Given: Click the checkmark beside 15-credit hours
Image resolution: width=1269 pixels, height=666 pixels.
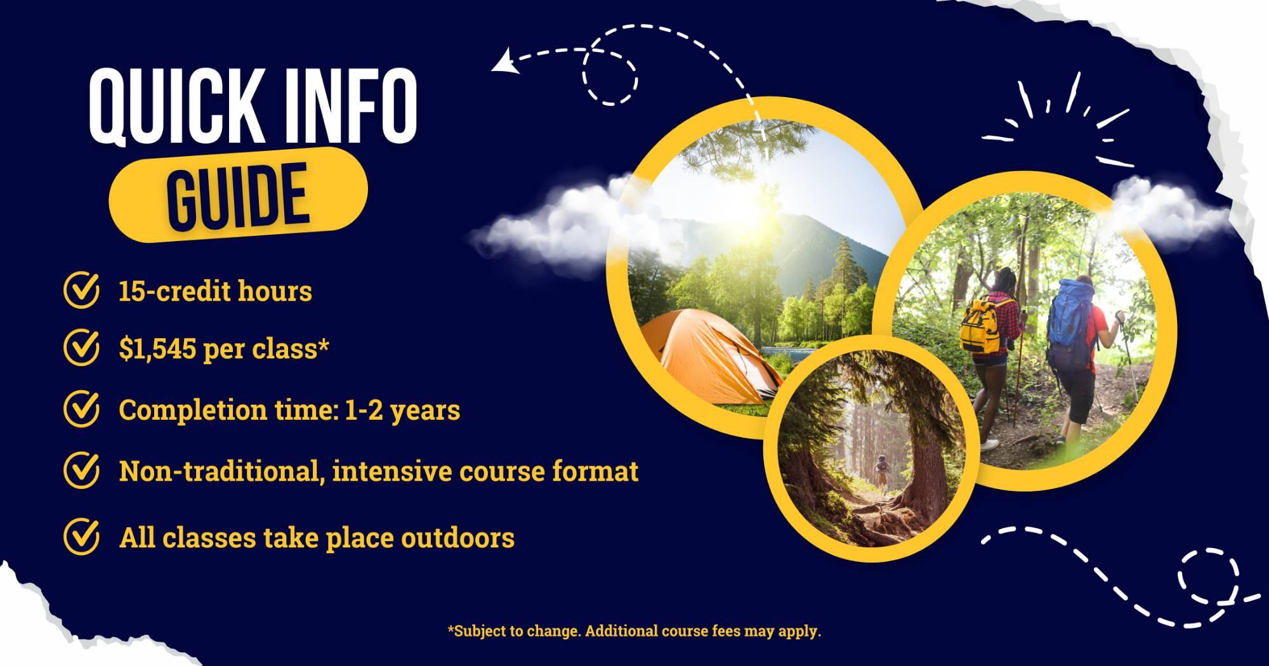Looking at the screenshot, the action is click(x=82, y=290).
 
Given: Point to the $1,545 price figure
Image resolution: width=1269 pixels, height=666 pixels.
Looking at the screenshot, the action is click(x=157, y=349).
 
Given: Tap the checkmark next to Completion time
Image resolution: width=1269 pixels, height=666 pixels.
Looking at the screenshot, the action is click(x=82, y=409).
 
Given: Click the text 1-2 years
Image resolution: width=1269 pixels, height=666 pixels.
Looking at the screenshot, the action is click(x=402, y=410).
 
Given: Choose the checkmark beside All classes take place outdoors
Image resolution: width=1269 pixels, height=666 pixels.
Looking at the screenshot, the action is click(x=82, y=537).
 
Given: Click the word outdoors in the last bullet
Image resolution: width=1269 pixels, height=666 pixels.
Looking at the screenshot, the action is click(x=457, y=538).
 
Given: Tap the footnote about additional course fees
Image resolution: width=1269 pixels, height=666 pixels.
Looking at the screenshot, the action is click(x=634, y=631).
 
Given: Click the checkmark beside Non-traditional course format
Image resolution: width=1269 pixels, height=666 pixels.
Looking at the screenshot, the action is click(x=82, y=470).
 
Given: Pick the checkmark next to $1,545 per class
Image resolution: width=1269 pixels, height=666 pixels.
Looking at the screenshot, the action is click(x=82, y=348).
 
